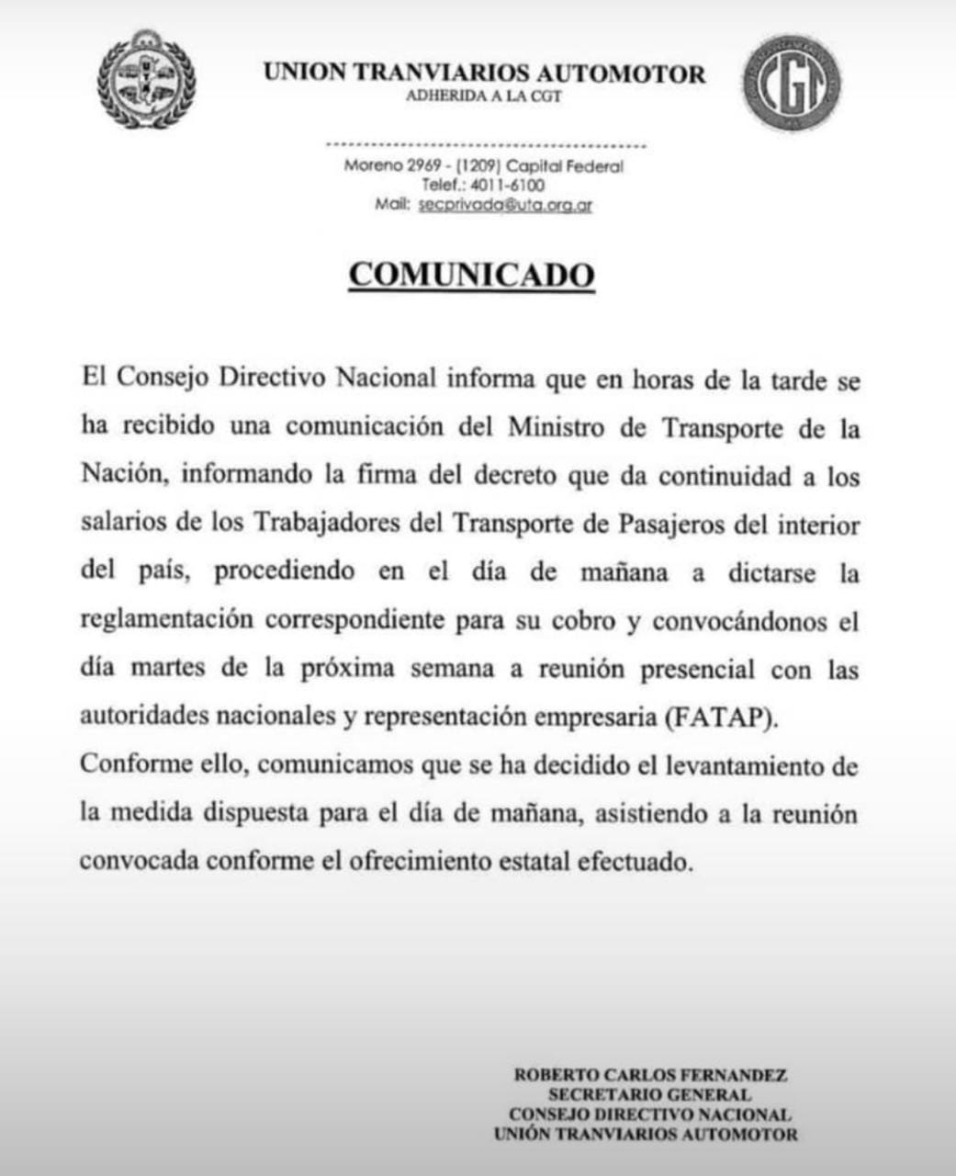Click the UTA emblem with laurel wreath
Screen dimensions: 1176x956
147,81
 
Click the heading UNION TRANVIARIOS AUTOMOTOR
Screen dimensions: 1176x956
485,73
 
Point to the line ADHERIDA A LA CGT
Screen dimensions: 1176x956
484,96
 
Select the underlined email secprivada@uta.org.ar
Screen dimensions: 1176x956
505,205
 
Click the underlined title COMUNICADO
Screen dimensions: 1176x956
472,275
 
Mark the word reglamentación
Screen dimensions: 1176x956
166,620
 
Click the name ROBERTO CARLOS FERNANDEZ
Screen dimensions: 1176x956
650,1074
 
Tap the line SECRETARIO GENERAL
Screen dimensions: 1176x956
649,1094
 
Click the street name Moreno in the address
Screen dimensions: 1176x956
373,166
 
